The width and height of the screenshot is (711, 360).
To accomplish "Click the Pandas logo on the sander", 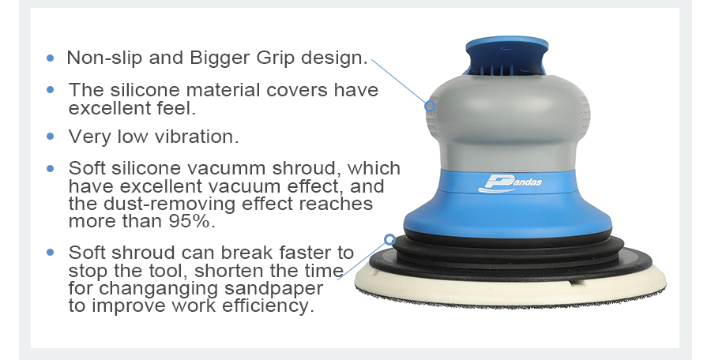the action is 510,183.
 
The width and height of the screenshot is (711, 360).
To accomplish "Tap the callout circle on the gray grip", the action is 431,106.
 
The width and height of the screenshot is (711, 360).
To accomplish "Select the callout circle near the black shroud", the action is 389,239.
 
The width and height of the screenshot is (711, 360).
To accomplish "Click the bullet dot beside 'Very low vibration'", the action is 50,136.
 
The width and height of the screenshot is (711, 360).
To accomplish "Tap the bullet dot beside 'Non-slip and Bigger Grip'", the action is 50,58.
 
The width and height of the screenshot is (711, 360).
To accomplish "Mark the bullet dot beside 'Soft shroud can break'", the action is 50,252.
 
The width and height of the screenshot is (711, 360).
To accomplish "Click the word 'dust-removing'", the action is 170,204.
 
